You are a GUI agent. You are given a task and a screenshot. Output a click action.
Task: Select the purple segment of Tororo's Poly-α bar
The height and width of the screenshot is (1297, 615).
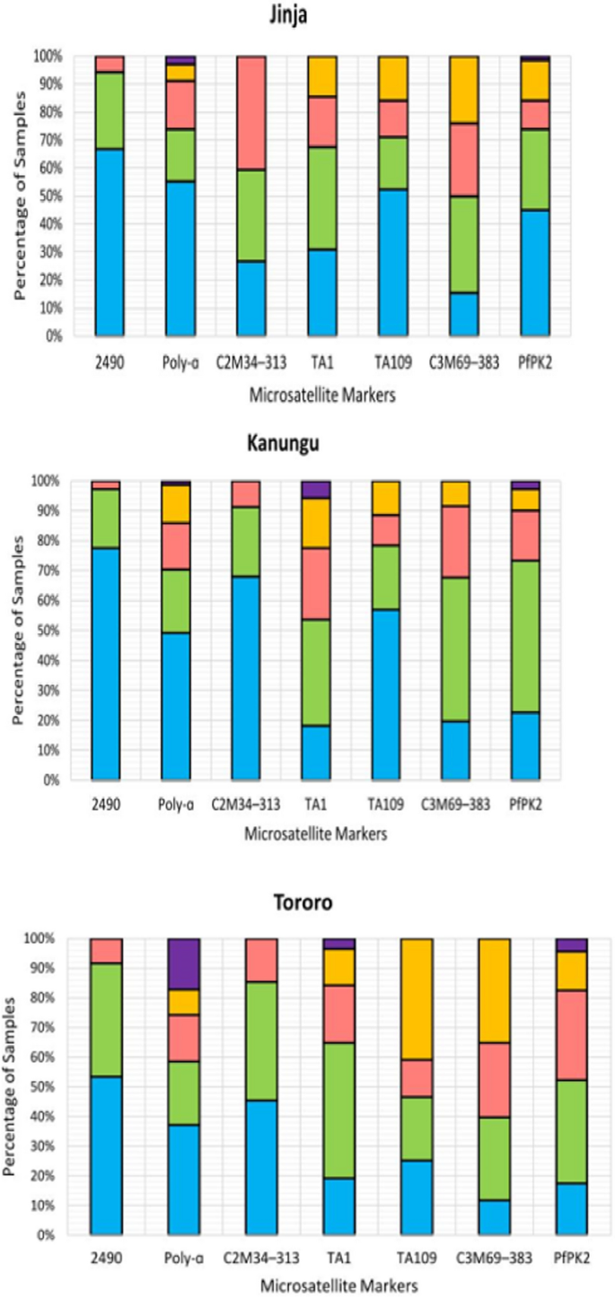tap(184, 963)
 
